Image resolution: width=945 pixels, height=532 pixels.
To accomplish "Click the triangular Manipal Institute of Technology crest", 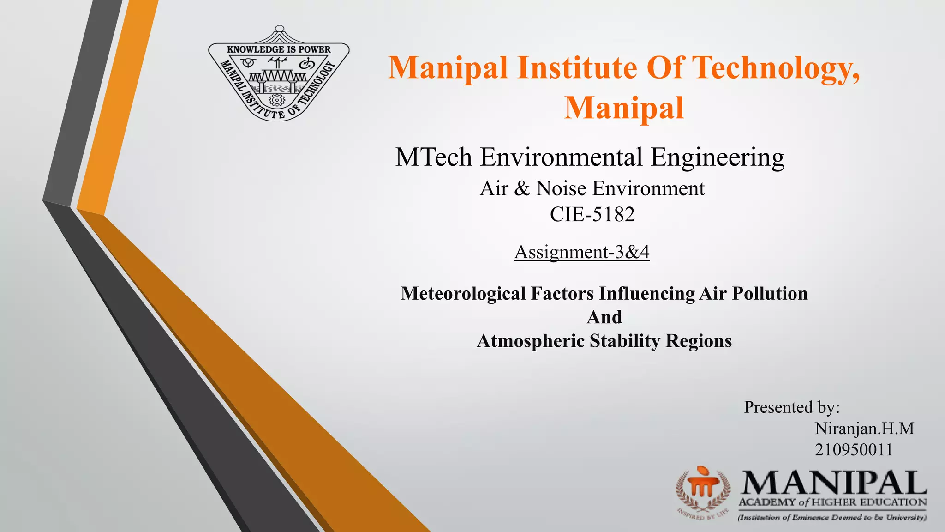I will pyautogui.click(x=278, y=74).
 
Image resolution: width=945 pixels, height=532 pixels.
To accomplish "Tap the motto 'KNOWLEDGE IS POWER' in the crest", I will pyautogui.click(x=279, y=49).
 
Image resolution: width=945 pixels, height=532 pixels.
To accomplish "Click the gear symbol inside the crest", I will pyautogui.click(x=276, y=99).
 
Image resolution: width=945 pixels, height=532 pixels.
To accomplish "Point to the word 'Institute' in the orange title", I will pyautogui.click(x=577, y=68).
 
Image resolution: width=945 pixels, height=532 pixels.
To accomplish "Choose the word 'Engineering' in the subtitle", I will pyautogui.click(x=718, y=158).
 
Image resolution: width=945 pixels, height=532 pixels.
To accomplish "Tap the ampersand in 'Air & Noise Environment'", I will pyautogui.click(x=522, y=189).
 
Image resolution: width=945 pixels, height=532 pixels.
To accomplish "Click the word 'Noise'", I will pyautogui.click(x=561, y=188).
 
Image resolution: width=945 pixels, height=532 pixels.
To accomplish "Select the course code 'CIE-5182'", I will pyautogui.click(x=592, y=214).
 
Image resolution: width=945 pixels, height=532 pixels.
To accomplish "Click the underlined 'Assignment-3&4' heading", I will pyautogui.click(x=582, y=252).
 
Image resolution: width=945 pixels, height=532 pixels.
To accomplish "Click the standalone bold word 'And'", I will pyautogui.click(x=604, y=317).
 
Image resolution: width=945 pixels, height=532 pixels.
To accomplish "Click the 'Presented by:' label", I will pyautogui.click(x=791, y=407).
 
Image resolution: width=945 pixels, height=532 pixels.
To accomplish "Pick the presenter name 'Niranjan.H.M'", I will pyautogui.click(x=864, y=429).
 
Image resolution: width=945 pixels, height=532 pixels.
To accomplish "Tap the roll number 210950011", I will pyautogui.click(x=854, y=450).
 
